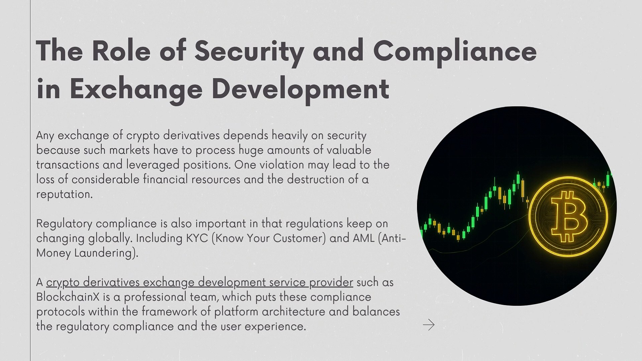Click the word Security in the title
point(249,51)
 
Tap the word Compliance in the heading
point(455,51)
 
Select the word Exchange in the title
point(136,89)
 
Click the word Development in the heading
point(300,89)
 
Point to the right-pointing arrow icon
point(429,325)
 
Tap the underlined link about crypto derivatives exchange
point(200,282)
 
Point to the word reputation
point(64,195)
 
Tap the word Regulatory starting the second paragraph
point(64,224)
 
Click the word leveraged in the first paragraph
point(152,165)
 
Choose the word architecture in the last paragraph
point(293,312)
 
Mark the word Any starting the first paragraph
point(45,135)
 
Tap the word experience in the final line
point(275,327)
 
